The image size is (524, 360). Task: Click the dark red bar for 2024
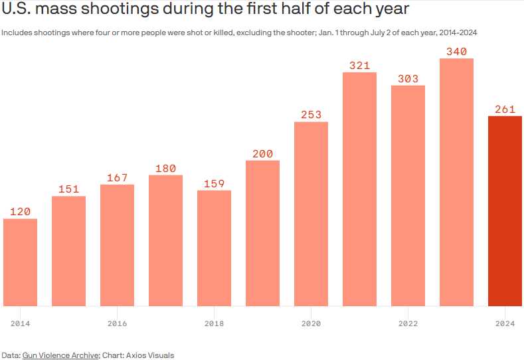pyautogui.click(x=505, y=211)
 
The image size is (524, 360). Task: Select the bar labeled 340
pyautogui.click(x=456, y=182)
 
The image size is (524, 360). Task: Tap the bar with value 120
pyautogui.click(x=20, y=262)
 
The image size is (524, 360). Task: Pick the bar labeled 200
pyautogui.click(x=262, y=233)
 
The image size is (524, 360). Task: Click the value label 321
pyautogui.click(x=359, y=66)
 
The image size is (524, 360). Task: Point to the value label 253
pyautogui.click(x=311, y=115)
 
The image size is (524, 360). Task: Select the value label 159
pyautogui.click(x=214, y=183)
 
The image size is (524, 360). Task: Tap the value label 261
pyautogui.click(x=505, y=110)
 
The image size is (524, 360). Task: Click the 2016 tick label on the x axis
pyautogui.click(x=117, y=323)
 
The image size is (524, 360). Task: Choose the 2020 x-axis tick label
pyautogui.click(x=311, y=323)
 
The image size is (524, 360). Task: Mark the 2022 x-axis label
pyautogui.click(x=408, y=323)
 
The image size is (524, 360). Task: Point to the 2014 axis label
pyautogui.click(x=20, y=323)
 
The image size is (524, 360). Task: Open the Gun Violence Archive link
pyautogui.click(x=60, y=355)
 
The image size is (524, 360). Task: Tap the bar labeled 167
pyautogui.click(x=117, y=245)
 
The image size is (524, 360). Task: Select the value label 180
pyautogui.click(x=165, y=169)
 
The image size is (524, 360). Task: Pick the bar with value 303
pyautogui.click(x=408, y=195)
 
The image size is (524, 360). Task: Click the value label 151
pyautogui.click(x=68, y=189)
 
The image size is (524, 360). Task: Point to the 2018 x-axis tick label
pyautogui.click(x=214, y=323)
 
